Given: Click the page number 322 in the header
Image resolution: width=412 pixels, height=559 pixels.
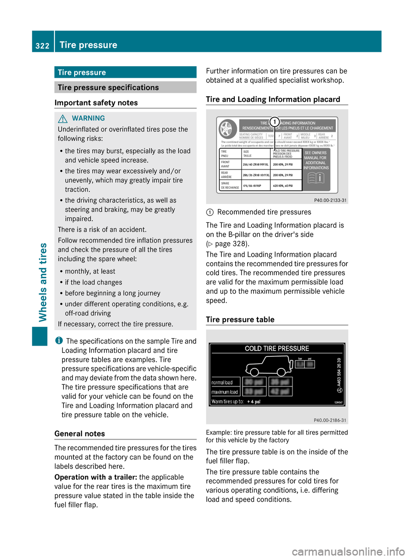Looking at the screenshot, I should [x=42, y=46].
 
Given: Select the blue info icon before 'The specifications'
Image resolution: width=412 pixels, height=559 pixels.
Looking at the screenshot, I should [x=59, y=340].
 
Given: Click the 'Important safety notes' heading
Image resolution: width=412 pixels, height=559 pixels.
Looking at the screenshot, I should [x=96, y=103].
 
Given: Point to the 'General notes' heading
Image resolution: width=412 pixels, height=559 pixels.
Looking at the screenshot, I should [x=80, y=434].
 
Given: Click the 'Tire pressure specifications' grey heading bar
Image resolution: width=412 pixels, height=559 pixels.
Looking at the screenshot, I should [x=125, y=88].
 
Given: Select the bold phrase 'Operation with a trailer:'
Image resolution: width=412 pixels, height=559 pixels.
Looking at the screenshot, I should [x=96, y=477].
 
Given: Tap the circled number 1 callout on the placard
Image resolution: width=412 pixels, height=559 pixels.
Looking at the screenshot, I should [x=275, y=122].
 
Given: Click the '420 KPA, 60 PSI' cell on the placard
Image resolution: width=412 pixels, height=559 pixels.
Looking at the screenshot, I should [x=283, y=185].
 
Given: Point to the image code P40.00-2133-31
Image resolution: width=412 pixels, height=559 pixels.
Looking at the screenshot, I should [x=330, y=200].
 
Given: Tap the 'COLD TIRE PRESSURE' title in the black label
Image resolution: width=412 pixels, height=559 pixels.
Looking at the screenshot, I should [x=277, y=349].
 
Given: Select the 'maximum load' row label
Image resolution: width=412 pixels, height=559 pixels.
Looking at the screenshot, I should [x=224, y=392].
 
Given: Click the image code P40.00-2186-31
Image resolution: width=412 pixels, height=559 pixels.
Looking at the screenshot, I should [x=330, y=420].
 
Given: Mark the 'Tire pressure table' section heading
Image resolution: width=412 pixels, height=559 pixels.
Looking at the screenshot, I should [x=240, y=319].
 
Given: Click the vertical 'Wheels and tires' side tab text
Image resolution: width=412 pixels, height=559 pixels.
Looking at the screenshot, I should [x=43, y=282].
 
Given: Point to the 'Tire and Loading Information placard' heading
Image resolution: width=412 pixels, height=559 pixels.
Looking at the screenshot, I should [x=273, y=99].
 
